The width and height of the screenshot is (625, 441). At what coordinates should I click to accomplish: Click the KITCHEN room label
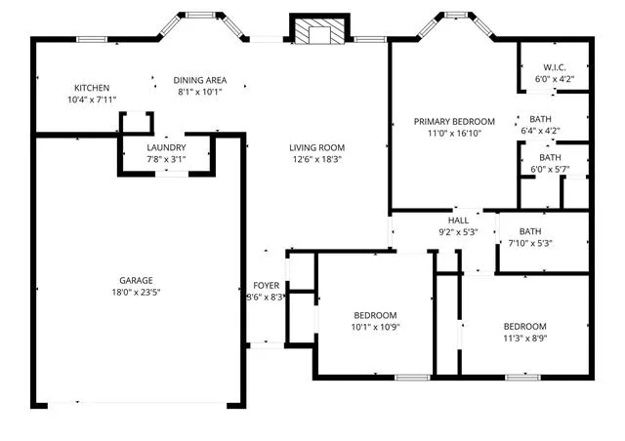(x=92, y=88)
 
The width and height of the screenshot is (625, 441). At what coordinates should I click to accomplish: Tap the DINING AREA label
(x=200, y=80)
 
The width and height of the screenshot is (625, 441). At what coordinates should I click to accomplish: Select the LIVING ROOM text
(x=316, y=147)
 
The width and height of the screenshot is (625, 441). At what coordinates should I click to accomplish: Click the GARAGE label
(x=136, y=280)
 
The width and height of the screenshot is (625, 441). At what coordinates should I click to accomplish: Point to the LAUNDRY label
(x=166, y=147)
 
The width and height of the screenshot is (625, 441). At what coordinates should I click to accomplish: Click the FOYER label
(x=267, y=286)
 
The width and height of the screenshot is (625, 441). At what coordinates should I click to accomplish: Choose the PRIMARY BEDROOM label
(x=454, y=122)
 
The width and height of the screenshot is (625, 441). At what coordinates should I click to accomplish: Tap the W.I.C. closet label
(x=555, y=67)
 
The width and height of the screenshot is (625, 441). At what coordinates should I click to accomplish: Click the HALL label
(x=458, y=220)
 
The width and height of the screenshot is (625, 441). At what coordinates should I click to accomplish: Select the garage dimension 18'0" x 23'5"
(x=136, y=293)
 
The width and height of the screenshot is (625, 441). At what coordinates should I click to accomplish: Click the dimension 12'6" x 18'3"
(x=316, y=160)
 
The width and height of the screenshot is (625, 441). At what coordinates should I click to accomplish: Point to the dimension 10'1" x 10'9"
(x=375, y=328)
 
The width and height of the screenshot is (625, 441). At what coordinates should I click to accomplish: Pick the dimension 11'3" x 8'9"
(x=525, y=339)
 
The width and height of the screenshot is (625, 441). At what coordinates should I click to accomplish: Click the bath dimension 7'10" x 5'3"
(x=530, y=243)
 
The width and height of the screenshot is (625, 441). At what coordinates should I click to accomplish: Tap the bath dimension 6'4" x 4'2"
(x=540, y=131)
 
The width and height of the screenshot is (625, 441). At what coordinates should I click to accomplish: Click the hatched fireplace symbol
(x=319, y=30)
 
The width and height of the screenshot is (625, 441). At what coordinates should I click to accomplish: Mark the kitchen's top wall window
(x=92, y=39)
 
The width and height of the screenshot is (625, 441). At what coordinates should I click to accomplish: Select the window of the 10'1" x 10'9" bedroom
(x=413, y=377)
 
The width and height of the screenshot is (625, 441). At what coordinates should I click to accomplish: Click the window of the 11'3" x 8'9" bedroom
(x=522, y=377)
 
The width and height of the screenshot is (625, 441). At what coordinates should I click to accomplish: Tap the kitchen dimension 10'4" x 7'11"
(x=92, y=100)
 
